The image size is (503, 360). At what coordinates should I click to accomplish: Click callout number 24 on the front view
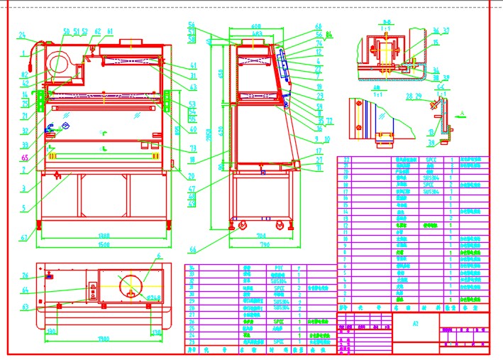click(x=22, y=35)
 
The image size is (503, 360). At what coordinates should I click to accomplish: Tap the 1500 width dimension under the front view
click(x=104, y=244)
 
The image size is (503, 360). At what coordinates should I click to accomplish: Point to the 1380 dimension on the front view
click(x=104, y=236)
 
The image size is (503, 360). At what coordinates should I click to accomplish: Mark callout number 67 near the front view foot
click(x=23, y=236)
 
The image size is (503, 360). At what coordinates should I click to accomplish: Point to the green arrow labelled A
click(x=462, y=113)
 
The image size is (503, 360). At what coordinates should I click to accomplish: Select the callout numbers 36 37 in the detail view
click(x=441, y=31)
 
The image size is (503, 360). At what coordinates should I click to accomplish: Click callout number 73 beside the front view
click(x=193, y=148)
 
